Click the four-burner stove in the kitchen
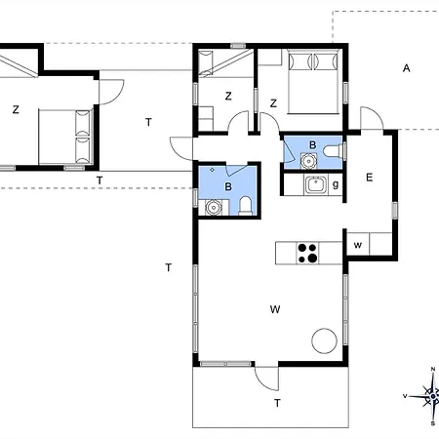[x=307, y=253]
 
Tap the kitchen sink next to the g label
[x=315, y=184]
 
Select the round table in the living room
[x=324, y=340]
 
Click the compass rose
[x=428, y=396]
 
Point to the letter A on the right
[x=406, y=68]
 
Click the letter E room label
[x=369, y=178]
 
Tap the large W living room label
[x=275, y=309]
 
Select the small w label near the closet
[x=358, y=245]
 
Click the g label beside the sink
[x=336, y=184]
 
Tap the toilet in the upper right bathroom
[x=333, y=151]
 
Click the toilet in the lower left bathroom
[x=245, y=206]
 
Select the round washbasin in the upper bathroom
[x=308, y=161]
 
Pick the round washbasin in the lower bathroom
[x=214, y=208]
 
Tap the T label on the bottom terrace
[x=277, y=403]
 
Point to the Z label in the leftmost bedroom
[x=16, y=109]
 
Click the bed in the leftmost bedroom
[x=64, y=137]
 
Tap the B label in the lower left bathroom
[x=228, y=186]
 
